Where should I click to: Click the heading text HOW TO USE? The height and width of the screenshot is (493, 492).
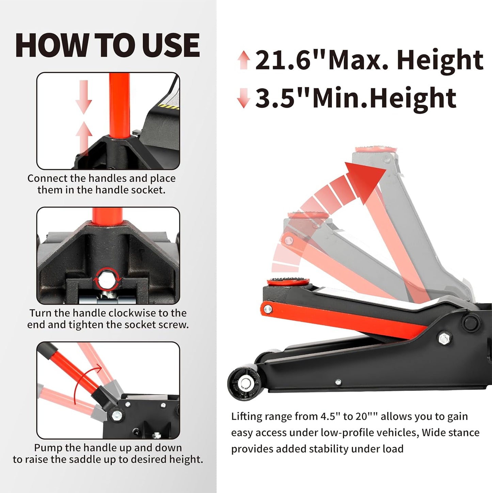pyautogui.click(x=107, y=45)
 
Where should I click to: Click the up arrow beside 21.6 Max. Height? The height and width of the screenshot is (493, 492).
pyautogui.click(x=244, y=60)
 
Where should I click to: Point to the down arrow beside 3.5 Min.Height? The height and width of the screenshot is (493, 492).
pyautogui.click(x=243, y=98)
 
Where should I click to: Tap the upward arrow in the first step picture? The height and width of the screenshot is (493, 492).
pyautogui.click(x=83, y=138)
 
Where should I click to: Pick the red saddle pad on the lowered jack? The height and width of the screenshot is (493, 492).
pyautogui.click(x=288, y=282)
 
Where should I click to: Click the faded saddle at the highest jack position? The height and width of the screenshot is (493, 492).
pyautogui.click(x=376, y=149)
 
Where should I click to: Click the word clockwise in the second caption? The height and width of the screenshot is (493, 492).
pyautogui.click(x=134, y=313)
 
